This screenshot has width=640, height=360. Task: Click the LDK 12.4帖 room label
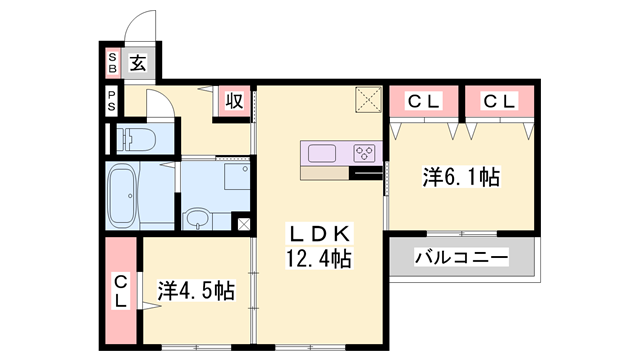[319, 246]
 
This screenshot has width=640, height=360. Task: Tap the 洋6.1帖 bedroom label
[461, 177]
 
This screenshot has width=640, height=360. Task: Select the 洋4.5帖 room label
[196, 291]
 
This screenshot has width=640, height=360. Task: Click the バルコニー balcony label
[461, 258]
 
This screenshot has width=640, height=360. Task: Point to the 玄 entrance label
[138, 63]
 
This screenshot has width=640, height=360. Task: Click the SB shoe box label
[112, 63]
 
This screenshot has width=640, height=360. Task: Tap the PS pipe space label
[111, 100]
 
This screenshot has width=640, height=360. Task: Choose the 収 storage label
[235, 100]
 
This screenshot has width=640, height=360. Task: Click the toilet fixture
[136, 139]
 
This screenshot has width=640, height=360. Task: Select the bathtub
[122, 196]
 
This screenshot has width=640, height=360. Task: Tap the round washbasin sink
[198, 219]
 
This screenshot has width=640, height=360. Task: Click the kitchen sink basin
[322, 153]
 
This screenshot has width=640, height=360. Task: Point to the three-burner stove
[364, 153]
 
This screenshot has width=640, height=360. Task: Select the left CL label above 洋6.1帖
[423, 101]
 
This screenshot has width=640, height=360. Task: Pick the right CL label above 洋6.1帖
[499, 101]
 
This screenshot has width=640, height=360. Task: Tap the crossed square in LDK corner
[369, 99]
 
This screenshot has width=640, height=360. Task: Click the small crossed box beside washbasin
[243, 224]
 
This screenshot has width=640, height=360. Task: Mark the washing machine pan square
[237, 177]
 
